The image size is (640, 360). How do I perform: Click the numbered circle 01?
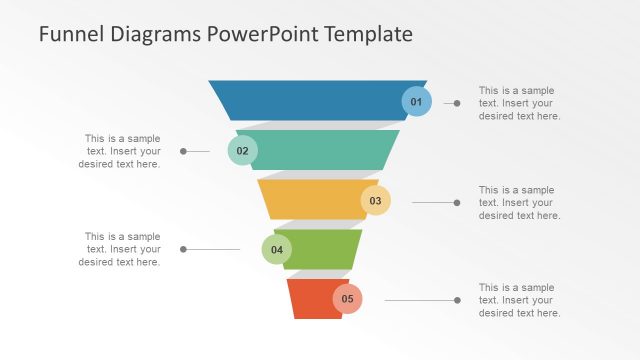pyautogui.click(x=417, y=101)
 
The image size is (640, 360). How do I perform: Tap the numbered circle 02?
pyautogui.click(x=242, y=151)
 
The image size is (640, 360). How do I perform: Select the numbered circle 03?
pyautogui.click(x=375, y=200)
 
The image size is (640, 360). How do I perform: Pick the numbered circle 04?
pyautogui.click(x=277, y=250)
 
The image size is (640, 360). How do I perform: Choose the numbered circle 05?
pyautogui.click(x=347, y=298)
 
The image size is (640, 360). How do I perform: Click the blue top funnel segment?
pyautogui.click(x=310, y=100)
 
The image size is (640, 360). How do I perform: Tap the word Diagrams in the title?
pyautogui.click(x=155, y=34)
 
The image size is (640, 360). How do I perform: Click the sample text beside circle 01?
pyautogui.click(x=519, y=102)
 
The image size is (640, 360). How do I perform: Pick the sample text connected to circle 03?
pyautogui.click(x=519, y=202)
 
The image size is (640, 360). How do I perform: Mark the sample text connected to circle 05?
pyautogui.click(x=519, y=300)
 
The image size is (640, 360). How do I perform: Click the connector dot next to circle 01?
pyautogui.click(x=457, y=103)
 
